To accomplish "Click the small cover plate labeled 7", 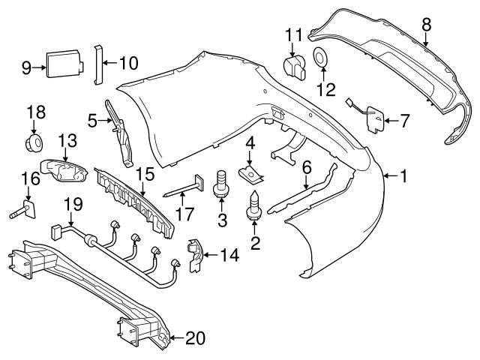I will (x=376, y=118).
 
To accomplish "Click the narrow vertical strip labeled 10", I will (x=97, y=63).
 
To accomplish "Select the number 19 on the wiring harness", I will (x=71, y=203).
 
